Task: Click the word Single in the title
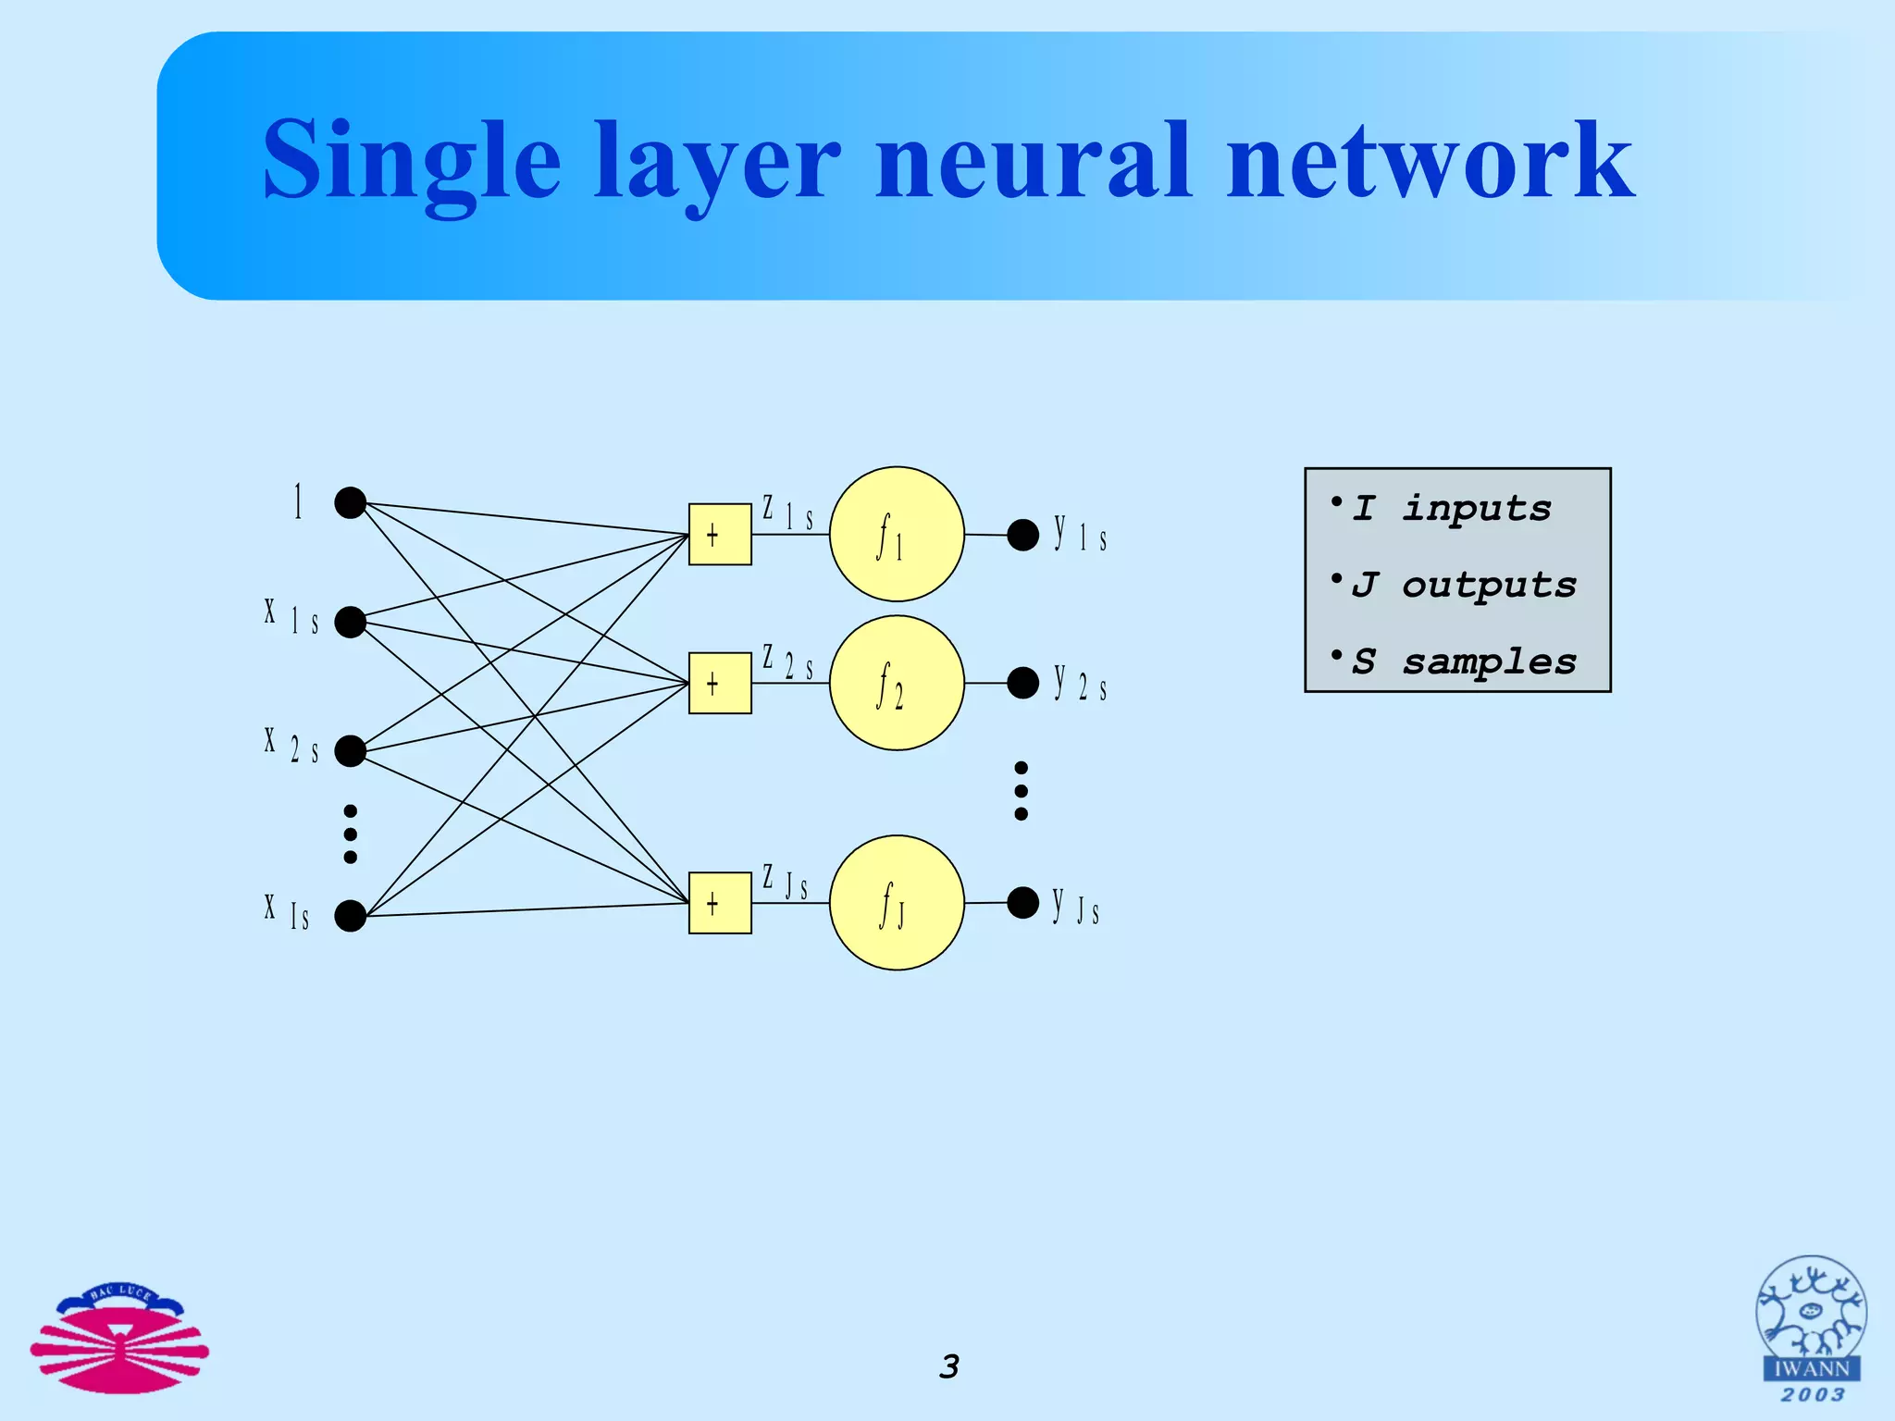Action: pos(412,162)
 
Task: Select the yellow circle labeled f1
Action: pos(897,534)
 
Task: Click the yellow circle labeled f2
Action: pos(897,683)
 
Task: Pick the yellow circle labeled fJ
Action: pos(897,903)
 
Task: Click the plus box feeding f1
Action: pos(720,534)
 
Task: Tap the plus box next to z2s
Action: pos(720,683)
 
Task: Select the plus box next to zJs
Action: pos(720,903)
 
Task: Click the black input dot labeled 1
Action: pos(350,502)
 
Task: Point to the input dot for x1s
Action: pos(350,622)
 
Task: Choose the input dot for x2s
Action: pos(350,750)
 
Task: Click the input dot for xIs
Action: pos(350,916)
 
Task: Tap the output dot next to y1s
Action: pos(1022,535)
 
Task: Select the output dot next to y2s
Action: pos(1022,683)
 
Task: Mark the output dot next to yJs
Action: pos(1022,902)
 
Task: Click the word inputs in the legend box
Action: pos(1476,509)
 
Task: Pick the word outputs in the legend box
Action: pos(1489,586)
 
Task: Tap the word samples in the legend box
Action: pos(1489,662)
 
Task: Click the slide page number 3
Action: pos(949,1366)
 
